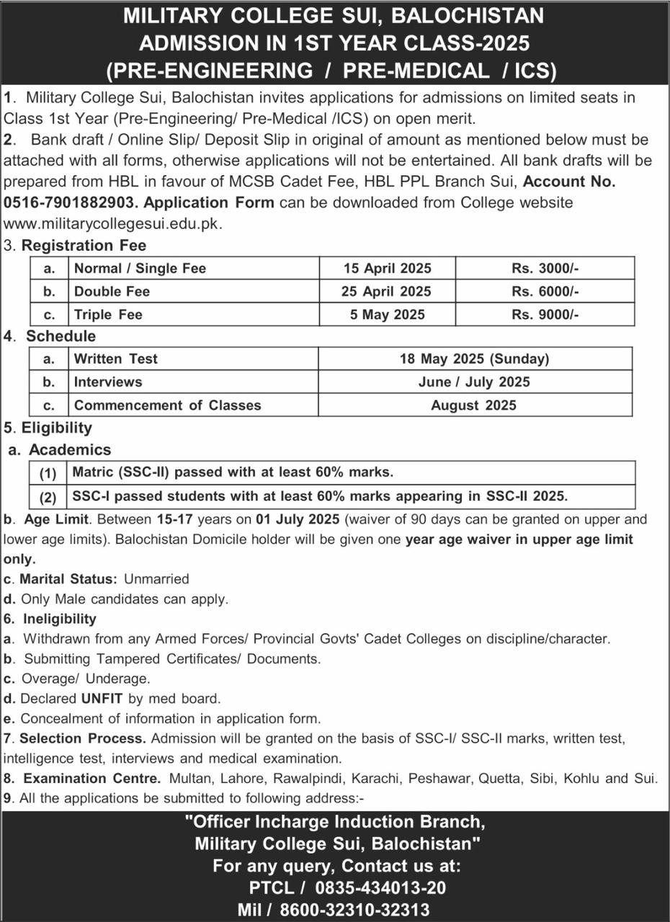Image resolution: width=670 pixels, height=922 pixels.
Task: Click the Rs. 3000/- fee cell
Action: coord(545,269)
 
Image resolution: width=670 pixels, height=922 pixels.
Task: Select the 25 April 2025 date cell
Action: coord(387,292)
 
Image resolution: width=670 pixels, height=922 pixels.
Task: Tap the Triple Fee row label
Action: coord(109,315)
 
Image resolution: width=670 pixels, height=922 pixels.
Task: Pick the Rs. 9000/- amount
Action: coord(545,315)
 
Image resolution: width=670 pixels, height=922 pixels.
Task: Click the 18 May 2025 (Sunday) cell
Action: coord(475,359)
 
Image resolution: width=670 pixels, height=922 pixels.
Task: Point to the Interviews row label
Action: coord(108,382)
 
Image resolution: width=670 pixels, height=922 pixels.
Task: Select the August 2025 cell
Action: coord(473,405)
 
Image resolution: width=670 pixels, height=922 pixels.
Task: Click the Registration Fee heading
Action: coord(84,246)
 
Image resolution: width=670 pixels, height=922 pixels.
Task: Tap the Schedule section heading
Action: coord(61,336)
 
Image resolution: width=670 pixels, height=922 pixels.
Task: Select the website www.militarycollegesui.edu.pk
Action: coord(112,223)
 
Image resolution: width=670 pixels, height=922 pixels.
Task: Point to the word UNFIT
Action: coord(102,698)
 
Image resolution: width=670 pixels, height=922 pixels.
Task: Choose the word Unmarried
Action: coord(156,578)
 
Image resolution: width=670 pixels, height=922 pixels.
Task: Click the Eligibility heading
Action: coord(57,428)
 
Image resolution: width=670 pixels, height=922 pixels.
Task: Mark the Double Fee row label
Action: coord(112,292)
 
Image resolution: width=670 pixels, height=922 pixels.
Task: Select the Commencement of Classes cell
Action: coord(167,405)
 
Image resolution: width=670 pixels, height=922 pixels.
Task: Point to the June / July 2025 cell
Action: coord(473,382)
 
